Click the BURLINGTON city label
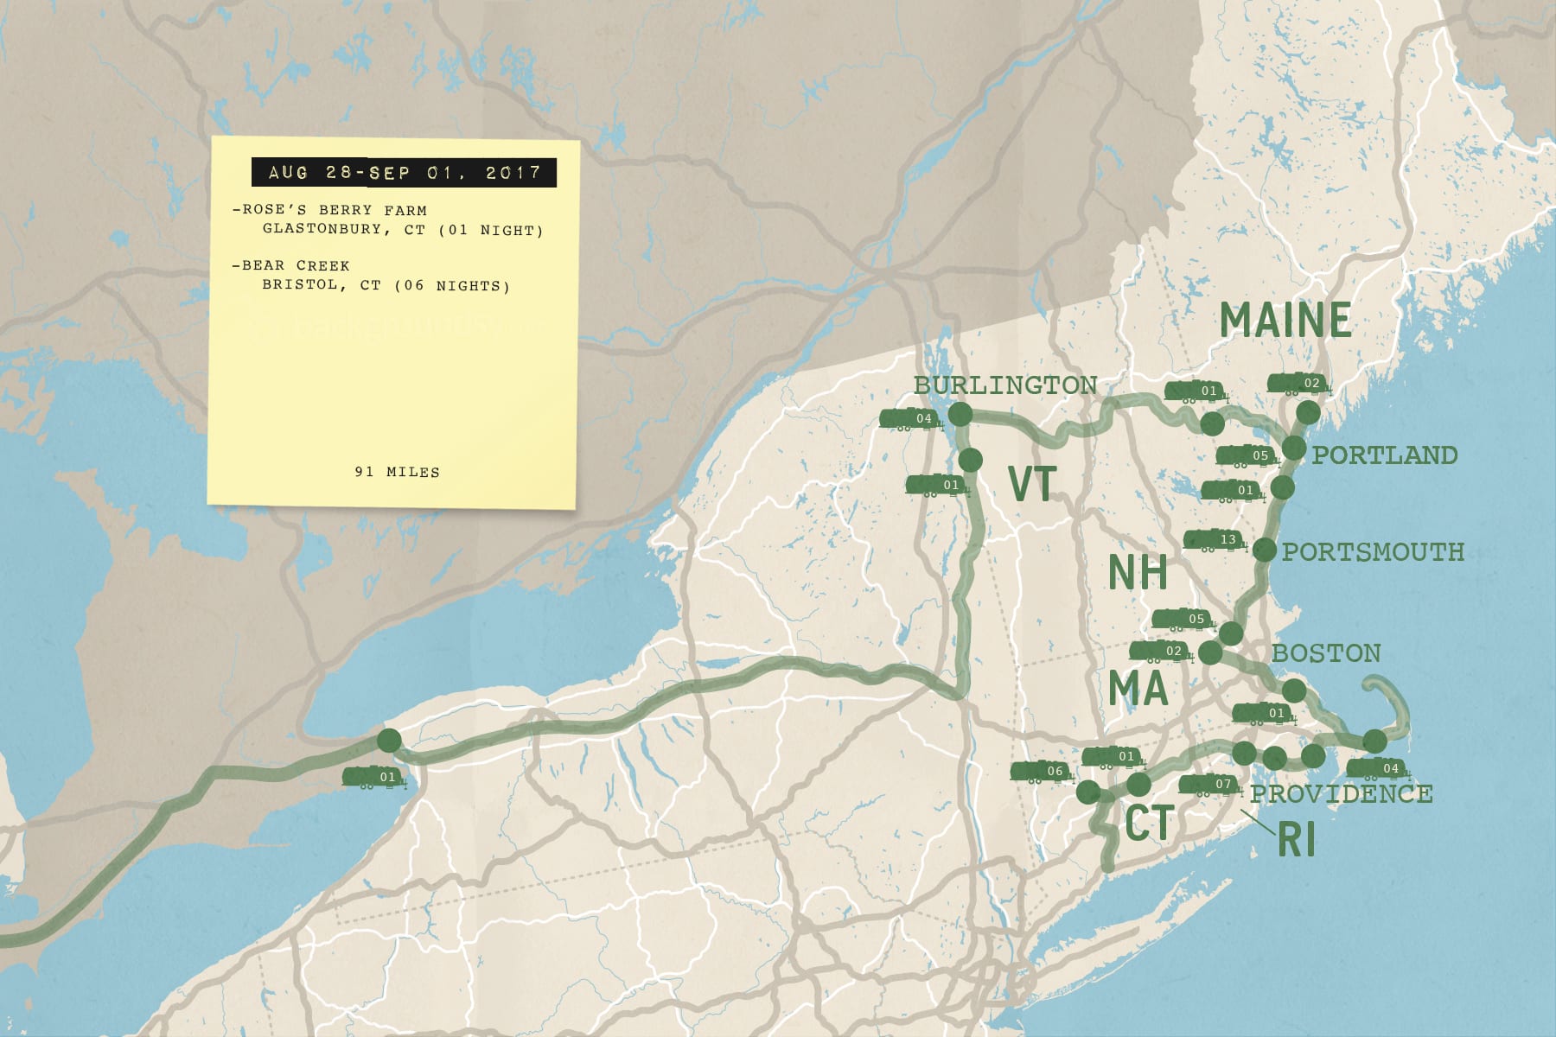click(x=1005, y=385)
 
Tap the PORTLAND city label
click(x=1384, y=455)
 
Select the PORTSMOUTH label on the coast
click(x=1373, y=552)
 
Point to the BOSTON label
click(x=1326, y=653)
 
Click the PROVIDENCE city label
click(x=1341, y=793)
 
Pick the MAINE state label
click(x=1285, y=321)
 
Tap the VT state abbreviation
click(x=1032, y=485)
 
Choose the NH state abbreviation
click(x=1138, y=573)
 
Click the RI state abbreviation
click(x=1297, y=840)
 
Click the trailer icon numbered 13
click(x=1215, y=541)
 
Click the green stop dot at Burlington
click(x=960, y=415)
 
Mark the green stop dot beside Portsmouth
click(x=1264, y=550)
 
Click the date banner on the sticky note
click(x=404, y=173)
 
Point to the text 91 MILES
click(x=397, y=472)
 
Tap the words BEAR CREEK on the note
click(x=296, y=265)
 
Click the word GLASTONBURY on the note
click(x=322, y=229)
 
